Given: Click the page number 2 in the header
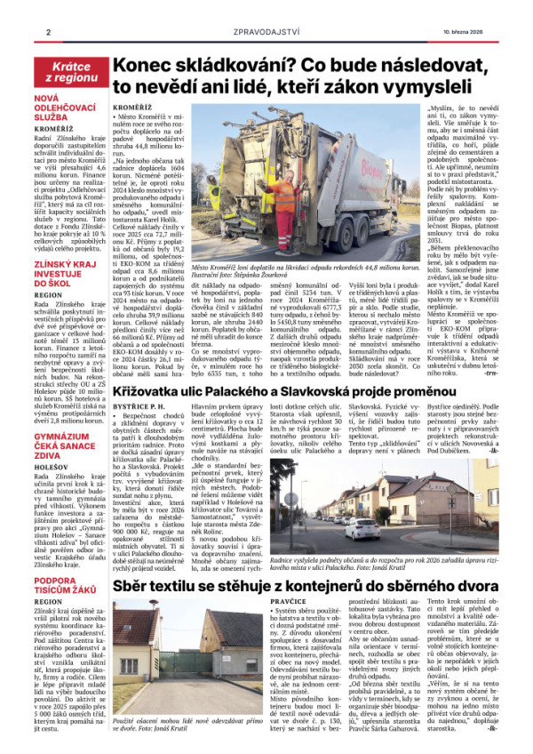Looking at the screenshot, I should pos(47,33).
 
